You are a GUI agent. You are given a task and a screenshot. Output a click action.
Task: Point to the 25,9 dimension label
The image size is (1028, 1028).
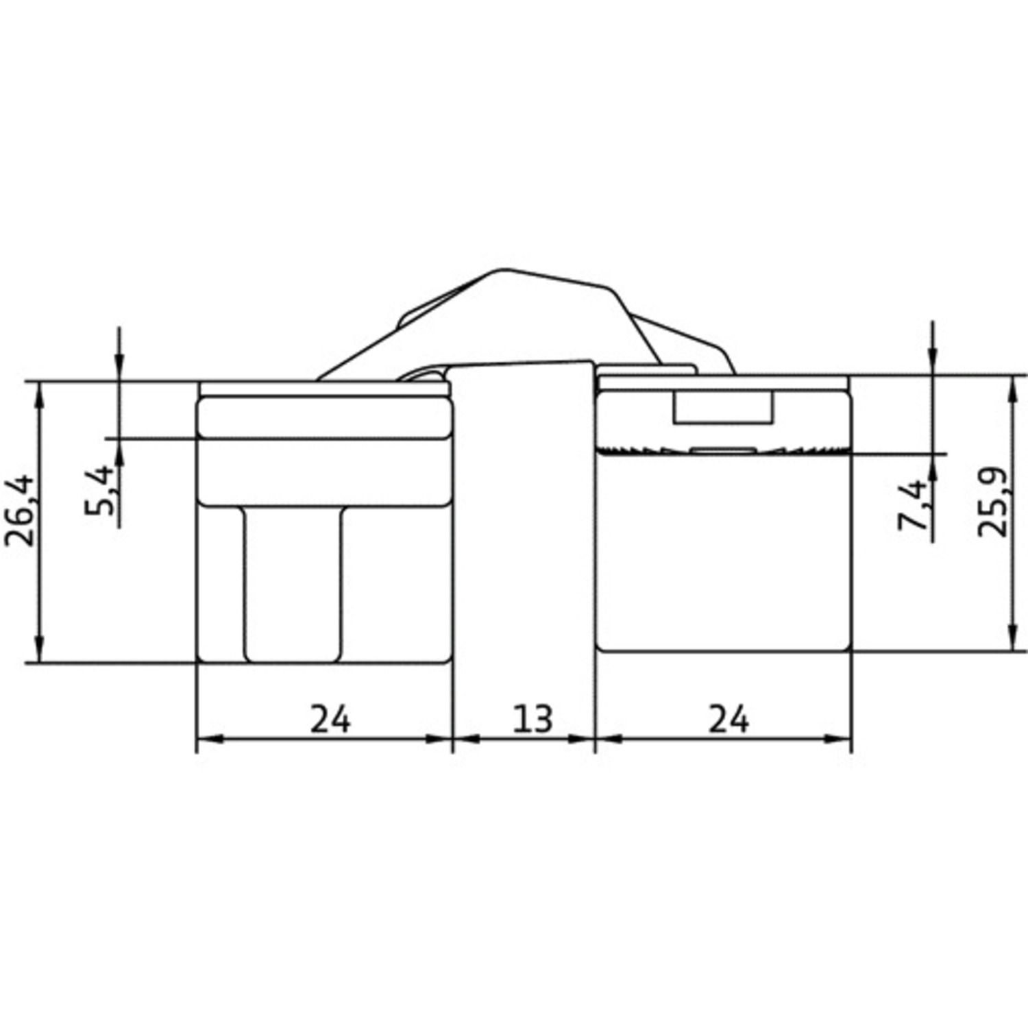[992, 502]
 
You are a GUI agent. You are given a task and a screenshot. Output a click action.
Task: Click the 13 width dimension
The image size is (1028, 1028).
[533, 719]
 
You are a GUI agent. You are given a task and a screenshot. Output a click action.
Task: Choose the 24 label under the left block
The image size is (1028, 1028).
[330, 719]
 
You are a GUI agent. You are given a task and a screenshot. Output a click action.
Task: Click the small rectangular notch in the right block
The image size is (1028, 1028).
[723, 406]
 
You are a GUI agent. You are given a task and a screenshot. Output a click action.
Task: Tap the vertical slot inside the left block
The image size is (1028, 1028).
[293, 585]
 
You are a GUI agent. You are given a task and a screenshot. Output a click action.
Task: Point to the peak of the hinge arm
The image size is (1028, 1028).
[506, 269]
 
